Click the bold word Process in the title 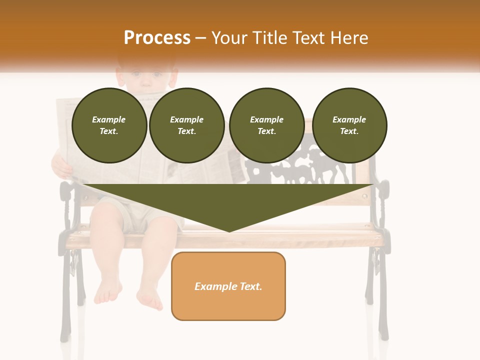157,37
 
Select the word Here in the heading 348,37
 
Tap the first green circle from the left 109,125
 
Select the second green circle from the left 187,125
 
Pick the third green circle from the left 266,125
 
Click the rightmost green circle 349,125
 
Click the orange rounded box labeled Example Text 228,286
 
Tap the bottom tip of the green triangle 229,231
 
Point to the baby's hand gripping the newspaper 62,166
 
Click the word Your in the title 228,37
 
